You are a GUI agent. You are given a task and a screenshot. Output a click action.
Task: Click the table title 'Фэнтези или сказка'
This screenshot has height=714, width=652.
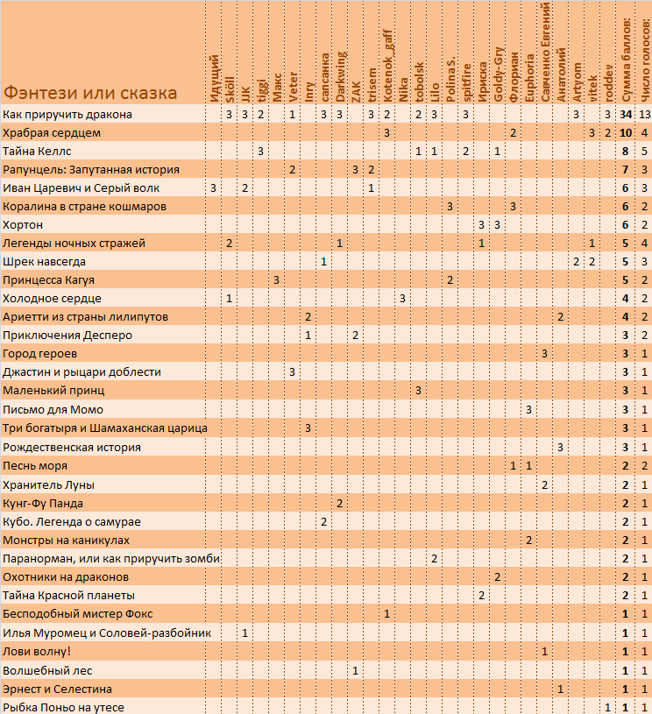(x=90, y=93)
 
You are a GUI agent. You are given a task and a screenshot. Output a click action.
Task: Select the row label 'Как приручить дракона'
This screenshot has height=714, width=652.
(x=67, y=114)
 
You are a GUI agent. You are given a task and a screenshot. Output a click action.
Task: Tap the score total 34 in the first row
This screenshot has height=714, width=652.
(x=626, y=114)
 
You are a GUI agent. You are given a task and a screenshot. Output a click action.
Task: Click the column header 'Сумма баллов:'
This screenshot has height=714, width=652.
(x=626, y=60)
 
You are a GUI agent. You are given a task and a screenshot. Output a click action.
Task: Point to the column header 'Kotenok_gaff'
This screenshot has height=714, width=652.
(x=386, y=67)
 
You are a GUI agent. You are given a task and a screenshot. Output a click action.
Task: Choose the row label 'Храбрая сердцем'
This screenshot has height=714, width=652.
(x=52, y=133)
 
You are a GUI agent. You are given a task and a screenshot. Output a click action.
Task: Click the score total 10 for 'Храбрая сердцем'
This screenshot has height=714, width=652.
(x=626, y=133)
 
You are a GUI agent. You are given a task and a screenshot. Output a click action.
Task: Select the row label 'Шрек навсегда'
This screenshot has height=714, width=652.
(x=44, y=262)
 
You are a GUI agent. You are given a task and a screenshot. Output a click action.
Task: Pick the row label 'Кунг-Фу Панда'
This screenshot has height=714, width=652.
(x=43, y=504)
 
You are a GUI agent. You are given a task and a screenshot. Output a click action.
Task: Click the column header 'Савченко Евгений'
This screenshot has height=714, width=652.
(x=545, y=53)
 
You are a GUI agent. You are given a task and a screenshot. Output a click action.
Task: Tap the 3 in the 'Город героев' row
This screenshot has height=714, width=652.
(x=544, y=354)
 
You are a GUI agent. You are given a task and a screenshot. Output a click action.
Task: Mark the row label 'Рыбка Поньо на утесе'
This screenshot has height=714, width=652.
(x=63, y=708)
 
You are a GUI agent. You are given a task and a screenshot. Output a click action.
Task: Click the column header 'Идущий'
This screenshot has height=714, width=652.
(x=214, y=79)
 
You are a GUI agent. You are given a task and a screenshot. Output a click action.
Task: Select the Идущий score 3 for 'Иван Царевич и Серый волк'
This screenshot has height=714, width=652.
(x=213, y=188)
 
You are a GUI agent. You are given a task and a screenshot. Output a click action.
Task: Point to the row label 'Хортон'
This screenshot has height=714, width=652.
(x=23, y=225)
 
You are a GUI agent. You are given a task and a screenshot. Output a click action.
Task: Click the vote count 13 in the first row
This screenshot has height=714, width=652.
(x=645, y=114)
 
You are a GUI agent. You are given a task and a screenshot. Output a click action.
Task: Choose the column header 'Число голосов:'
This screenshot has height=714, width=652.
(x=645, y=60)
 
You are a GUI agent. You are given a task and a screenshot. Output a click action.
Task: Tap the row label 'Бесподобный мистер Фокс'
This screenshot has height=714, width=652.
(x=78, y=614)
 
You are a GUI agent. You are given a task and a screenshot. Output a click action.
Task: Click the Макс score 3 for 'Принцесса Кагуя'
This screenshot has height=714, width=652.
(x=276, y=280)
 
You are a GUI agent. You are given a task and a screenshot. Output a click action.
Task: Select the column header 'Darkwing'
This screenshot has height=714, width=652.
(x=340, y=77)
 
